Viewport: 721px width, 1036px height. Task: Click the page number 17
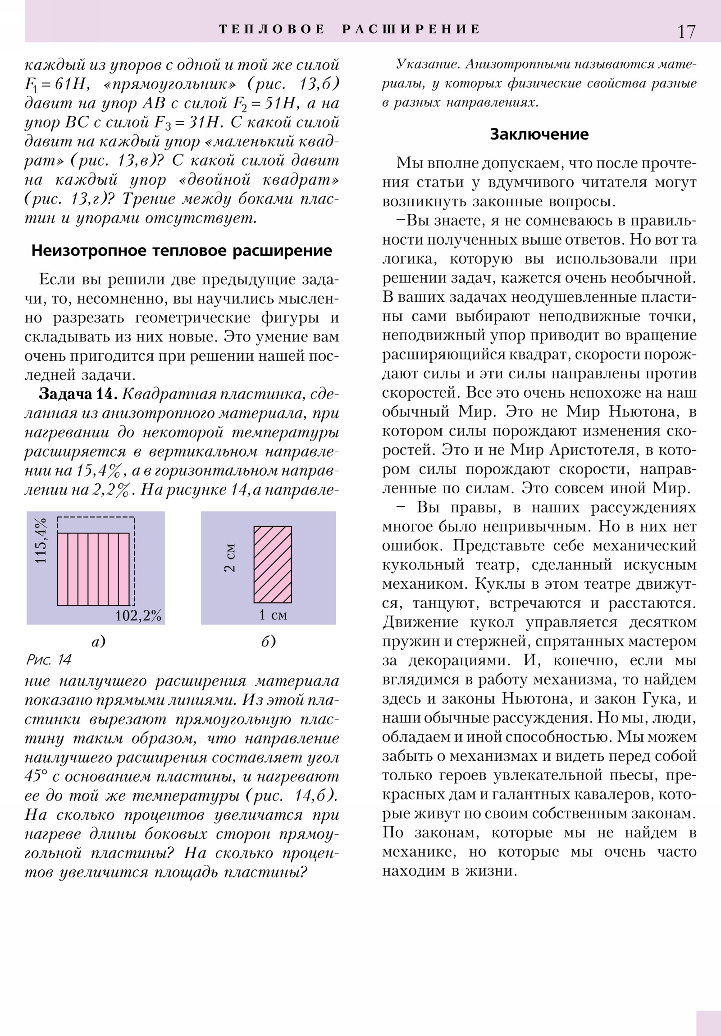tap(686, 32)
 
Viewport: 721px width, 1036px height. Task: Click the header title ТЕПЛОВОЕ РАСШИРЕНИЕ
tap(349, 29)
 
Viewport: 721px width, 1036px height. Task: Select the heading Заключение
tap(539, 135)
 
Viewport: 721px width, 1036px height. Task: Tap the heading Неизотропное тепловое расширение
tap(182, 251)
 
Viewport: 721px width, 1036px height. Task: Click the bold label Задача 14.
tap(78, 395)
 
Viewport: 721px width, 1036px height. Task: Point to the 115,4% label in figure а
tap(41, 540)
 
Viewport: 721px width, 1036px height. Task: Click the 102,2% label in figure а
tap(138, 615)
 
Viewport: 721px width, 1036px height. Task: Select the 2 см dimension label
tap(230, 558)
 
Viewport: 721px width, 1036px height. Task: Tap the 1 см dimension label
tap(273, 614)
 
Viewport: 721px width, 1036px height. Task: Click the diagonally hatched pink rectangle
tap(273, 564)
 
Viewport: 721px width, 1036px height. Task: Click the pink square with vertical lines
tap(93, 569)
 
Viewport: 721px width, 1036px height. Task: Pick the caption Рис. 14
tap(49, 660)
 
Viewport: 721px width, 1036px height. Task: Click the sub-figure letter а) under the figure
tap(98, 641)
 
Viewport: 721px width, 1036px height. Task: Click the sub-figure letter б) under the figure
tap(268, 641)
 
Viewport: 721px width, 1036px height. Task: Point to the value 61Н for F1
tap(69, 85)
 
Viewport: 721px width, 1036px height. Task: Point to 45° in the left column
tap(36, 776)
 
